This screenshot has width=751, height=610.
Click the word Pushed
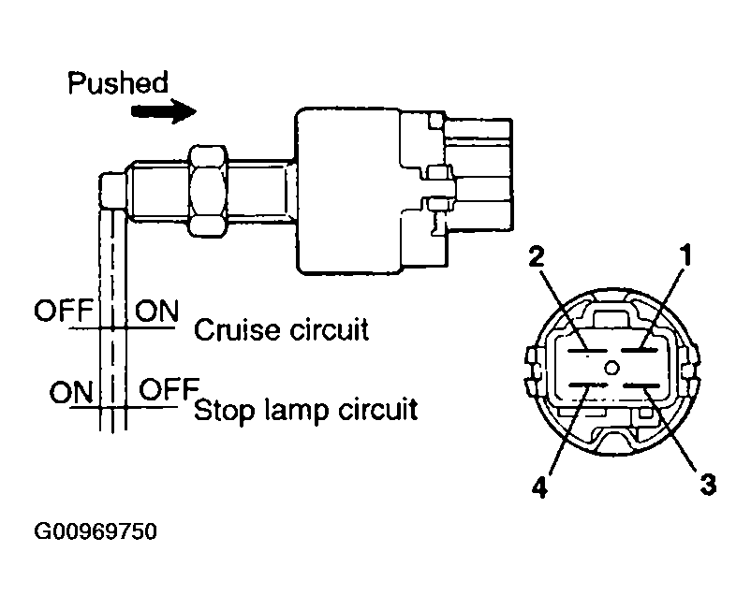[x=118, y=83]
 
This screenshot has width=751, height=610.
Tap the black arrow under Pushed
[x=164, y=111]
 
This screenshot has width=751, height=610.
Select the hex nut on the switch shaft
[x=208, y=191]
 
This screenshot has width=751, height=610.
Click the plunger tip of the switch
[x=113, y=191]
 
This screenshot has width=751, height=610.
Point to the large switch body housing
[x=348, y=191]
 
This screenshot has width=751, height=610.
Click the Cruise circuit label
[x=281, y=330]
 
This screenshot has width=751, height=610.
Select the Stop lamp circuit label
[x=305, y=411]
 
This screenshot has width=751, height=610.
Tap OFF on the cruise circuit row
[x=64, y=311]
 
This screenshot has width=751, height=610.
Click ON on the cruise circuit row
[x=156, y=311]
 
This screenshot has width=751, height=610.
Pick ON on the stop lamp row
[x=71, y=392]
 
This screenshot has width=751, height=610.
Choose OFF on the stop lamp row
[x=169, y=389]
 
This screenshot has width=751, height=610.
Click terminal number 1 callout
[x=686, y=254]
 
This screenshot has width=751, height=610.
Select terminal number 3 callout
[x=708, y=485]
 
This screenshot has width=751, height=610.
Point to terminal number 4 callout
[x=539, y=487]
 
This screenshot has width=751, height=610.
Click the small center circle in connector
[x=611, y=368]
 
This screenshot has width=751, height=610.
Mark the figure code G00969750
[x=96, y=531]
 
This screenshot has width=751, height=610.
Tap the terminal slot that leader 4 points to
[x=588, y=385]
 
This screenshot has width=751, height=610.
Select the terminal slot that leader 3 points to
[x=641, y=385]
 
